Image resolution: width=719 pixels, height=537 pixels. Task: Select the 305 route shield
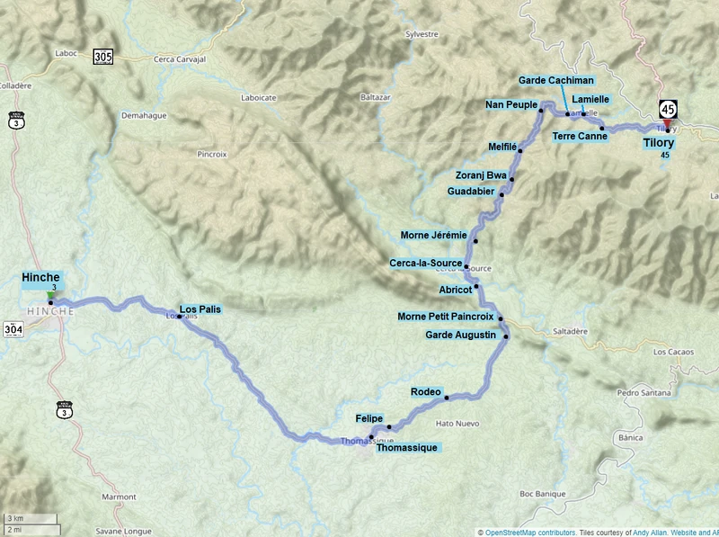102,58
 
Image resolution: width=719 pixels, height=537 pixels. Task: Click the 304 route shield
13,330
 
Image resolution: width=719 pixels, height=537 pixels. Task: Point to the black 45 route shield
667,109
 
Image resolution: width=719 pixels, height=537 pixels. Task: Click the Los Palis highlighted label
200,308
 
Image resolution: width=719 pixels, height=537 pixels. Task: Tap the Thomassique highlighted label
406,447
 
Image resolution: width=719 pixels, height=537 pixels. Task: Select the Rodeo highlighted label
425,391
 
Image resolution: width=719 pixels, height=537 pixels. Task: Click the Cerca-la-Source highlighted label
425,263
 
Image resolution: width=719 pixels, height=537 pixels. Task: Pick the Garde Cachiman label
555,81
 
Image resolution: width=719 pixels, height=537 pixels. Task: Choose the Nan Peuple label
510,104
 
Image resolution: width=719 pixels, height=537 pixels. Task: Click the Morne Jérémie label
434,235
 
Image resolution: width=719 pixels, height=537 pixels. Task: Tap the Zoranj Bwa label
481,174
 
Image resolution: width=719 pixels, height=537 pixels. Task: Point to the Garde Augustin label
460,335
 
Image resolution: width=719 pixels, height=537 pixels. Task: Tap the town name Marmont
118,497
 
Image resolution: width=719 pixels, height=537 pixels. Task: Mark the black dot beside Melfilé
520,151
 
